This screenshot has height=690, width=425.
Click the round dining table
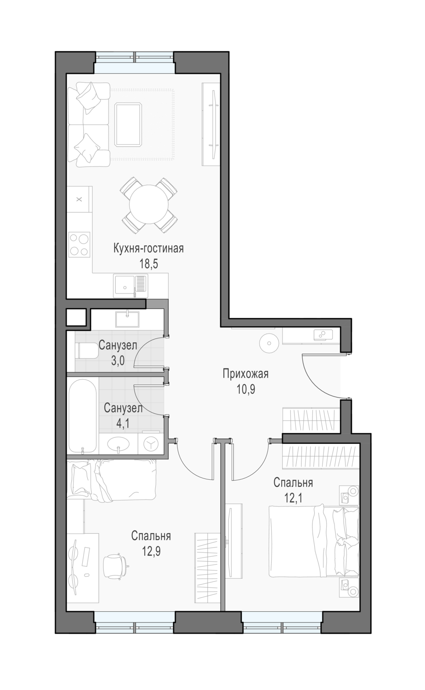(x=149, y=204)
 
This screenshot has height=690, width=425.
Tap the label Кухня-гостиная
(x=149, y=248)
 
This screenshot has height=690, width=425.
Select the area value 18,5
(x=149, y=264)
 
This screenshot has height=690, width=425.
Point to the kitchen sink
(x=130, y=286)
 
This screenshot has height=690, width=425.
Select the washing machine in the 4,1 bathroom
(x=151, y=443)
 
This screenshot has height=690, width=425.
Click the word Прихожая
(x=246, y=374)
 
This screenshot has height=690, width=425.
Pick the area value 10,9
(x=246, y=389)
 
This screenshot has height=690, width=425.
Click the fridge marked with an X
(x=79, y=199)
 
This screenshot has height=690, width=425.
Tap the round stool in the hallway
(x=269, y=343)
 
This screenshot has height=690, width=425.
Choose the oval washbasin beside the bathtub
(x=119, y=444)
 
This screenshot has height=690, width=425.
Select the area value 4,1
(x=123, y=424)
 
